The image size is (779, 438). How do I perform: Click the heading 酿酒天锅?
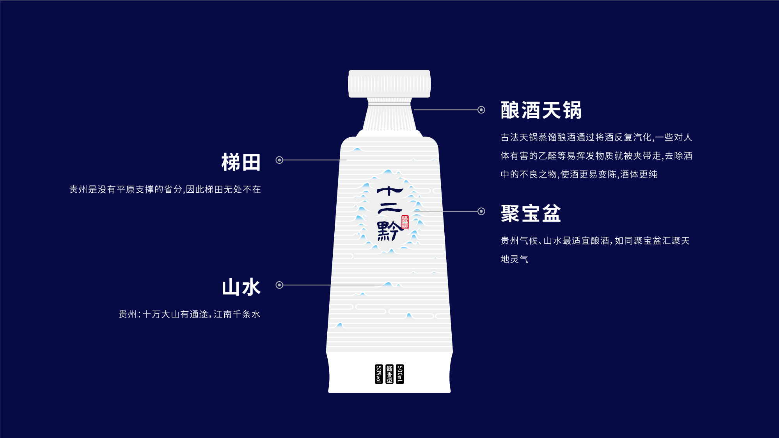coord(541,110)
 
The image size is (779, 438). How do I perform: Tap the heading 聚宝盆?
coord(531,213)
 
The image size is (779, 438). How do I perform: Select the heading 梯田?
coord(241,162)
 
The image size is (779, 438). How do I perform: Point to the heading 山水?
coord(241,287)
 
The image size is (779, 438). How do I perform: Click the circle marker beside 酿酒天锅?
coord(481,110)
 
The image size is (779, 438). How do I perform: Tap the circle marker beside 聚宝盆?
coord(481,211)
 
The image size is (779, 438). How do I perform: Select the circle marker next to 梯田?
coord(279,160)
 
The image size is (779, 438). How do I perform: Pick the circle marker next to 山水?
coord(279,285)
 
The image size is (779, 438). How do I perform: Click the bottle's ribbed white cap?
coord(389,84)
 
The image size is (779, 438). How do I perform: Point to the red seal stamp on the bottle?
coord(405,222)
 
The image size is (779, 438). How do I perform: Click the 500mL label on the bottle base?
coord(400,374)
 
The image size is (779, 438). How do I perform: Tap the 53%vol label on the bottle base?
coord(379,374)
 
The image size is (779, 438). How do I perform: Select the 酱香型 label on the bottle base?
coord(389,374)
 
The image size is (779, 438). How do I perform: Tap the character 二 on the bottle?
coord(389,209)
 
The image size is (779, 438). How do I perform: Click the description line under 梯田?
coord(165,190)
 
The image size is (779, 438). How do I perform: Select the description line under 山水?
coord(190,314)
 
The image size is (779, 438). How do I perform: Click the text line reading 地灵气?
coord(515,259)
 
